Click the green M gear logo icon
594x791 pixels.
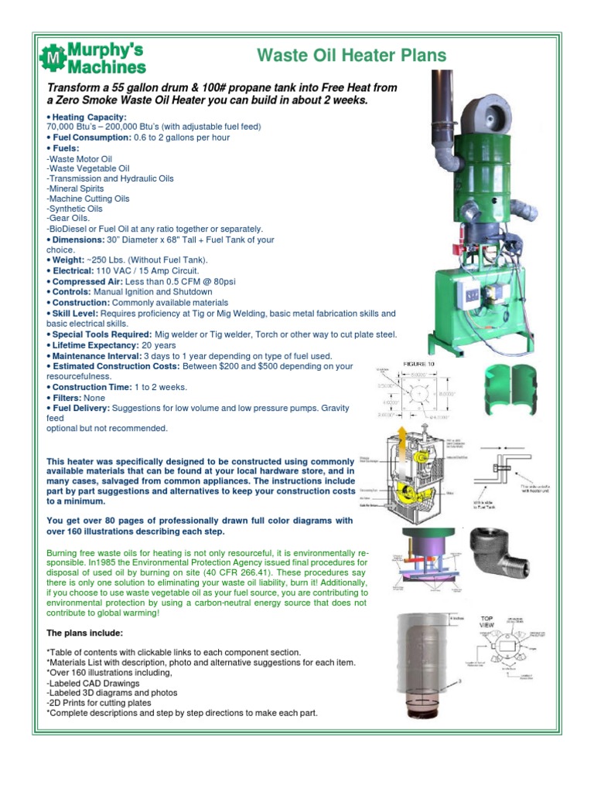click(x=53, y=57)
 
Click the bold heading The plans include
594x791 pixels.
click(x=79, y=633)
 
